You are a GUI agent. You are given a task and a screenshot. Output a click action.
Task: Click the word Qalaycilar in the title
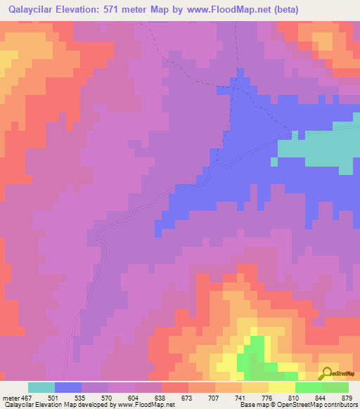[34, 10]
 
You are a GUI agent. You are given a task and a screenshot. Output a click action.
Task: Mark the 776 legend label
[267, 397]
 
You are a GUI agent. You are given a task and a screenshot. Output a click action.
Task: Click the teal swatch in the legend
[41, 387]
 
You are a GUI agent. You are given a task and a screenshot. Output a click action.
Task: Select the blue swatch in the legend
[68, 387]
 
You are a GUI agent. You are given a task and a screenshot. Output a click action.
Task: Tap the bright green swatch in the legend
[309, 387]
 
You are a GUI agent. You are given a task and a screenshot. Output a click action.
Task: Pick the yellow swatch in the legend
[282, 387]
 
